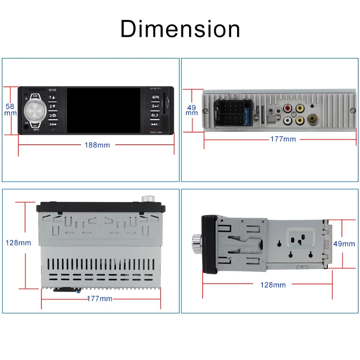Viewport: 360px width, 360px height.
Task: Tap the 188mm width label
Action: click(x=97, y=145)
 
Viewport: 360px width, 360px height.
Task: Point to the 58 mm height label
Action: click(x=10, y=109)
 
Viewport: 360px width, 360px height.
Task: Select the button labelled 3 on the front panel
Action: click(x=53, y=116)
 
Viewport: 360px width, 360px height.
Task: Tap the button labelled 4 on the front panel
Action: click(x=155, y=97)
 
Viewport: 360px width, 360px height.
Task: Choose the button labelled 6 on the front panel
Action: click(x=155, y=116)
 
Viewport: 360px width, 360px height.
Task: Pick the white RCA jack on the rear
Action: click(x=288, y=120)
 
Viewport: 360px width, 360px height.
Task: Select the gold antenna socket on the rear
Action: click(x=312, y=119)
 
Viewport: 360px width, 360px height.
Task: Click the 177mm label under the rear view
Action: click(x=283, y=139)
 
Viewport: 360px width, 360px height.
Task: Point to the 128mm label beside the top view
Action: click(x=18, y=243)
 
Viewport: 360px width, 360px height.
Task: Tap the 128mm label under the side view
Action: click(x=273, y=285)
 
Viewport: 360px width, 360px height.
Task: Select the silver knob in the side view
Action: click(x=196, y=244)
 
